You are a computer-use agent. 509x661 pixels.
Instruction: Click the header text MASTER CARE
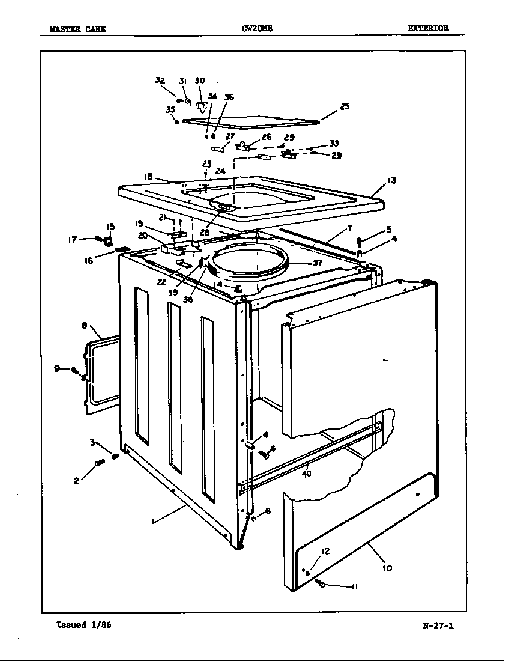tap(78, 29)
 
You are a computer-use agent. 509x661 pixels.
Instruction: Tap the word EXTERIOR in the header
tap(427, 28)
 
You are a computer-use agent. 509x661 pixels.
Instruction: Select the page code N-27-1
tap(438, 626)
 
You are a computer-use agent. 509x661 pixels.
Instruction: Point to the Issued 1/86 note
tap(83, 625)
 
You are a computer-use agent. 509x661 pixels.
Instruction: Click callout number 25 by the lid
tap(344, 107)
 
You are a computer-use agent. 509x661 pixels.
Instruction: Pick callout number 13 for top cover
tap(391, 180)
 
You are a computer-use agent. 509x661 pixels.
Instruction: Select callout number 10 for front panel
tap(387, 567)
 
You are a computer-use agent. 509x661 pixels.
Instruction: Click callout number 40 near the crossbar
tap(307, 474)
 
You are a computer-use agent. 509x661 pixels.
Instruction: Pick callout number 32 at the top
tap(160, 80)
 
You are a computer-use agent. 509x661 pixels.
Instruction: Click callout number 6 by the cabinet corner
tap(267, 511)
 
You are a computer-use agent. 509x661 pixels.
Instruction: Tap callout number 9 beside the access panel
tap(58, 368)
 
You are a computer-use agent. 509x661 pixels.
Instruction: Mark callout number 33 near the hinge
tap(334, 143)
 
